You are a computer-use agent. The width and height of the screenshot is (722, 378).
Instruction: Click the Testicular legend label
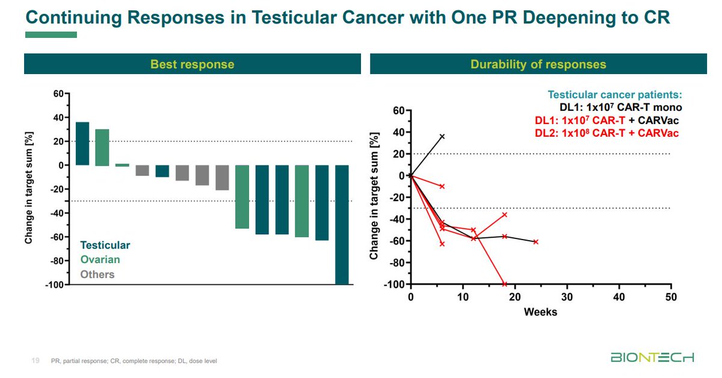[x=105, y=245]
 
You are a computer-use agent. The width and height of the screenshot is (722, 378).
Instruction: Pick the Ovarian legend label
[x=100, y=259]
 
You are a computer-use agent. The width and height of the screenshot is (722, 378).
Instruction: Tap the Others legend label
[x=97, y=274]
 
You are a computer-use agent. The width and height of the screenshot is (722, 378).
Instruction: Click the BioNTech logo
[x=652, y=358]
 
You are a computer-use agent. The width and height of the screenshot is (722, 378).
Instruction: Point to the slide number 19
[x=35, y=361]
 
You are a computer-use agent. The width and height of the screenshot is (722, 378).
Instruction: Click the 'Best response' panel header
[x=192, y=64]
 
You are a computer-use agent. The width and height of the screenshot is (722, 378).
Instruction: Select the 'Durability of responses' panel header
[x=538, y=64]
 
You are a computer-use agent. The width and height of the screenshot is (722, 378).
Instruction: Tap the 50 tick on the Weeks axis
[x=671, y=297]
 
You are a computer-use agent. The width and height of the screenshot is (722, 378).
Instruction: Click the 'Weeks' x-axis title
[x=540, y=312]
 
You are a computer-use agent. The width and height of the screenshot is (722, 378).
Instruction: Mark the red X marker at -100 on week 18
[x=504, y=284]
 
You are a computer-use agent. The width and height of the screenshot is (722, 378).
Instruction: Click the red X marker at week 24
[x=535, y=241]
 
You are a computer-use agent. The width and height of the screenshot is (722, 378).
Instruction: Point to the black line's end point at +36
[x=442, y=137]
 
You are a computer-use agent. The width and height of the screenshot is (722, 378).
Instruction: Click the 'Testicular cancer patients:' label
[x=615, y=95]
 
